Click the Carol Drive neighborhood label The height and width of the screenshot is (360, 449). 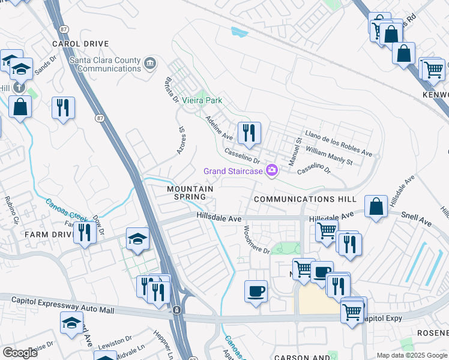click(80, 44)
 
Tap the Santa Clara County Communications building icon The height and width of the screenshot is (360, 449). click(150, 62)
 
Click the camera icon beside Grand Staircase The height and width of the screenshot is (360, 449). click(272, 172)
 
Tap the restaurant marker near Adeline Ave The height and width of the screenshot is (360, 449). click(249, 132)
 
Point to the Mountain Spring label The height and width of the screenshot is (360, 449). click(190, 193)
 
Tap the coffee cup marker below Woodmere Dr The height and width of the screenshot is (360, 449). click(256, 292)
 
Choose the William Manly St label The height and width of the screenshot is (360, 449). click(337, 154)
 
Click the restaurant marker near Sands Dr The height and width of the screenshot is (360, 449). click(63, 108)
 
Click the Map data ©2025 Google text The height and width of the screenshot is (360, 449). click(411, 355)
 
